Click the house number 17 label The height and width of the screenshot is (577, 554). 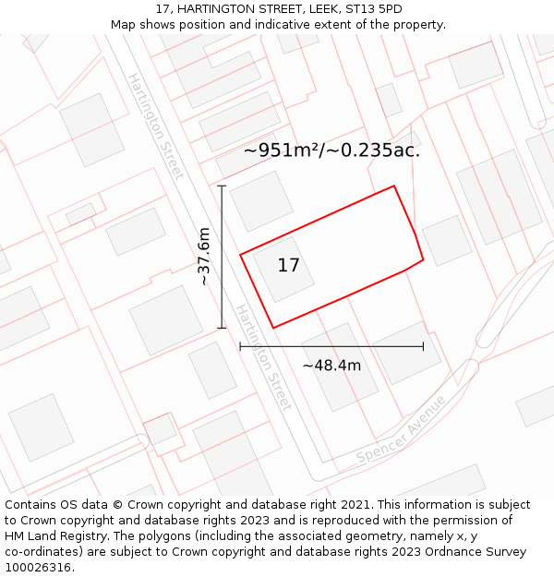click(x=288, y=266)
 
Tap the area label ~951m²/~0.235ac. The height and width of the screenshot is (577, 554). click(x=331, y=150)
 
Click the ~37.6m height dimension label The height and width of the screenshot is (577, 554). click(x=204, y=257)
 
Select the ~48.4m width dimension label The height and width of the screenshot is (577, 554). click(x=331, y=366)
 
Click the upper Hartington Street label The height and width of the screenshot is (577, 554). click(x=155, y=126)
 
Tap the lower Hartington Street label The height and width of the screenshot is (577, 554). click(x=263, y=357)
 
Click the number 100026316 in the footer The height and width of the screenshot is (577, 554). click(x=40, y=568)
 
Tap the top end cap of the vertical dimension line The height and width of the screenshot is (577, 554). click(x=222, y=186)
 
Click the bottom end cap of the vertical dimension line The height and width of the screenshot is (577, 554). click(x=222, y=327)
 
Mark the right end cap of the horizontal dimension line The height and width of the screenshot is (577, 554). click(x=423, y=346)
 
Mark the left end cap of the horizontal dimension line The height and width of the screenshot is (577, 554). click(x=240, y=346)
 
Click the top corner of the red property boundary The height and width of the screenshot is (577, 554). click(x=394, y=186)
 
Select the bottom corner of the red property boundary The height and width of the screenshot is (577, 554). click(x=273, y=328)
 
